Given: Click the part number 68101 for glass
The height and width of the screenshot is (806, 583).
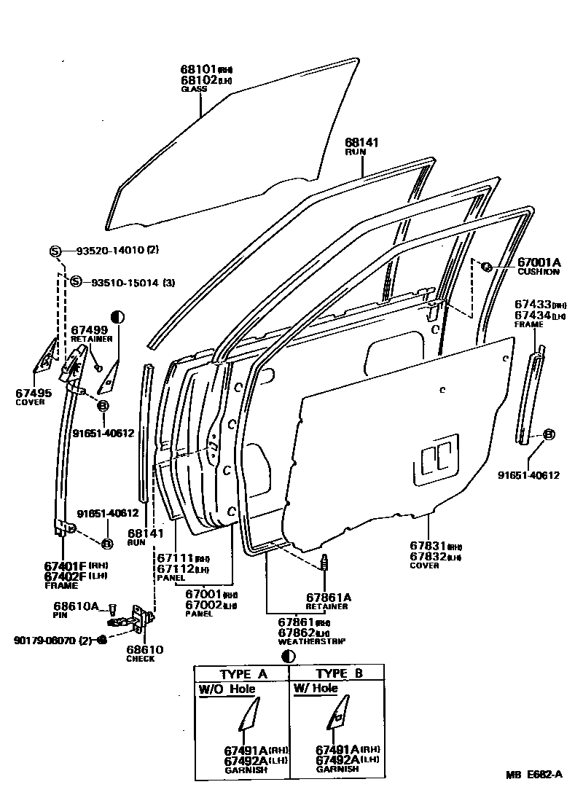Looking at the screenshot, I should (198, 69).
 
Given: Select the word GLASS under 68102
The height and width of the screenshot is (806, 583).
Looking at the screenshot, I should (194, 89).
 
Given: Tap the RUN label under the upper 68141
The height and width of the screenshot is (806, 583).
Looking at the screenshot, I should (356, 152).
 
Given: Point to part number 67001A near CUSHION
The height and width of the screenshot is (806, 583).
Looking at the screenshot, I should (539, 262).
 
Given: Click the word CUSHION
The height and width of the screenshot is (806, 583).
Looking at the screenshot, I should (539, 272).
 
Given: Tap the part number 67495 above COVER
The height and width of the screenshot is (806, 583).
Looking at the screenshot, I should (34, 393).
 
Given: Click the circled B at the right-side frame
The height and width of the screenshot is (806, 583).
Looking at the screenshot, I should (549, 434).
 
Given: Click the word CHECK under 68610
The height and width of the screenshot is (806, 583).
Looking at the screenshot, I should (140, 659).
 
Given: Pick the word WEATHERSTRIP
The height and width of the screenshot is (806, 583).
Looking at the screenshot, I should (311, 641).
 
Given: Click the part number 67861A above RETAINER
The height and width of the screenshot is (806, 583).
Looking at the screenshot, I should (329, 597).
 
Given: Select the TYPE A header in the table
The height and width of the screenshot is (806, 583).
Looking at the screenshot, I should (243, 674).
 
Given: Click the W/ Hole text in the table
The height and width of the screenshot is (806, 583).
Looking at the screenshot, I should (316, 688).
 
